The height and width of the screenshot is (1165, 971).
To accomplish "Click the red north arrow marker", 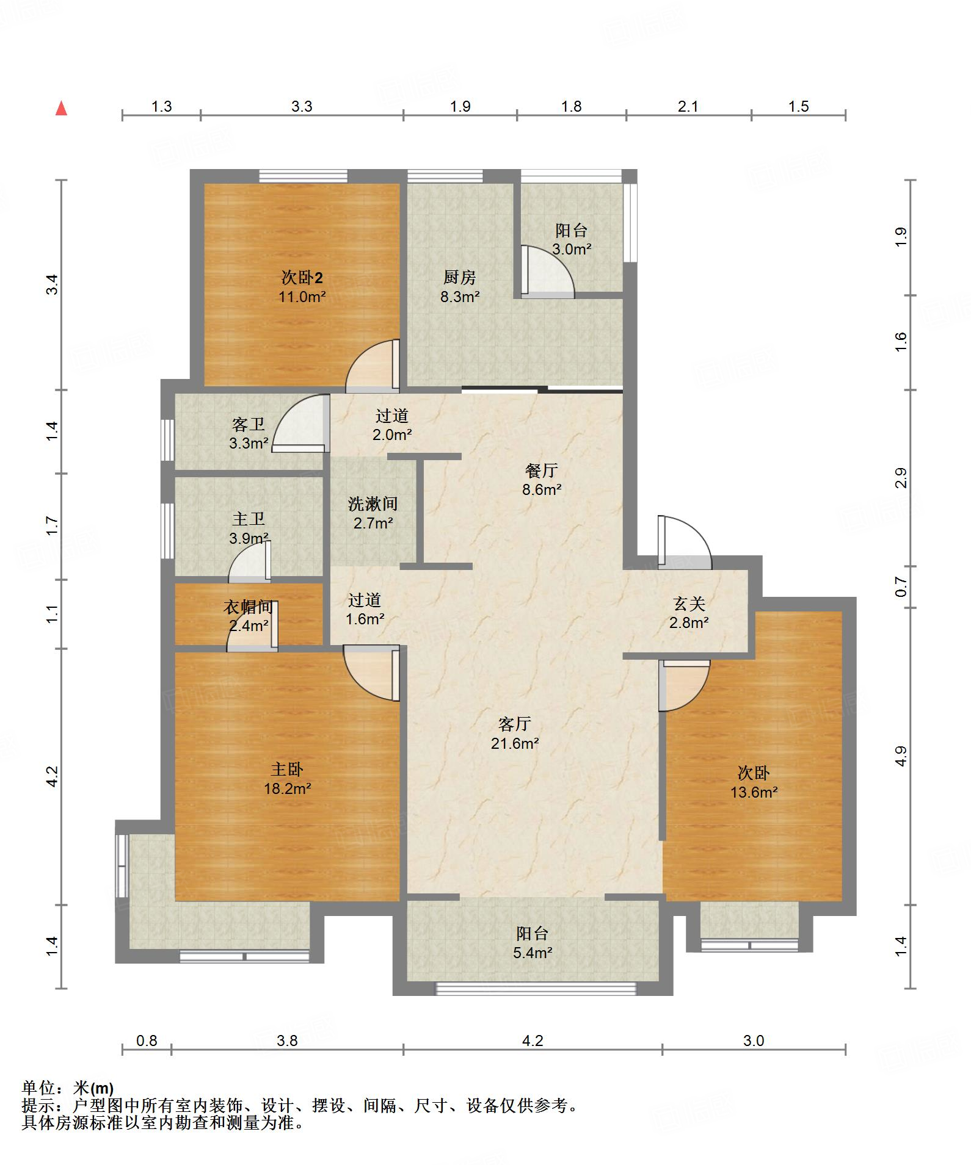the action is coord(61,109).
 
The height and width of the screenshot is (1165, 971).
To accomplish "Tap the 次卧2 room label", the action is coord(302,278).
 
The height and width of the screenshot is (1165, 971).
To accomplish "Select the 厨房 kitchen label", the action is coord(459,278).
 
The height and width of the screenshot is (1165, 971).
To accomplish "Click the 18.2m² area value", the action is coord(288,788).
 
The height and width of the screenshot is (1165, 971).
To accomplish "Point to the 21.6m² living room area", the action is coord(515,743).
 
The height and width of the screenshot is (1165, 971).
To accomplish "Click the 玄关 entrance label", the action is coord(689,604).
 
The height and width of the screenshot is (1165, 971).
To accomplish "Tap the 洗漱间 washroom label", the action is coord(373,503).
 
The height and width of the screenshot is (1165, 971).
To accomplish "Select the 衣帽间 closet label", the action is coord(248,607).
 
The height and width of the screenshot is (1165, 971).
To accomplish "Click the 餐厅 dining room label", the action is coord(542,471).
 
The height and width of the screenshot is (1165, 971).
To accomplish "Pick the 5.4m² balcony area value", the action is coord(533,952).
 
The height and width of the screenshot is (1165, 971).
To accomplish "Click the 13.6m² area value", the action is coord(754,792).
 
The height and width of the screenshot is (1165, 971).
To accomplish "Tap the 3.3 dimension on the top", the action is coord(302,107).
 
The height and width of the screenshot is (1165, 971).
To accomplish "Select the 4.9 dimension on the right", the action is coord(901,756).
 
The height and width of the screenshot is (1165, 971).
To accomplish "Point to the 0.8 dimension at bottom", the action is coord(147,1041).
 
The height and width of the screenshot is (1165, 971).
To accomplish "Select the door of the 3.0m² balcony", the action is coord(548,272).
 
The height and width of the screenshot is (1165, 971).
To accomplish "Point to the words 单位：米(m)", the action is coord(68,1087).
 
